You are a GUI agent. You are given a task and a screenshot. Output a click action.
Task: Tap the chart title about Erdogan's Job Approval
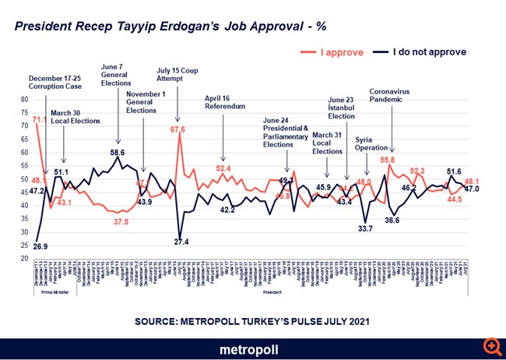170,25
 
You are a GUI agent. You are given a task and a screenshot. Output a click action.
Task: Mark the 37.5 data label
121,221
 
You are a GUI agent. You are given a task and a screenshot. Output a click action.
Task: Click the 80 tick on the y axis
23,101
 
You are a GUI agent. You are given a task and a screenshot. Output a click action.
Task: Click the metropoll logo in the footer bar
252,348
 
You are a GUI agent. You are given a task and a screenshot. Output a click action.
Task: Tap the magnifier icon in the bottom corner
492,345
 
